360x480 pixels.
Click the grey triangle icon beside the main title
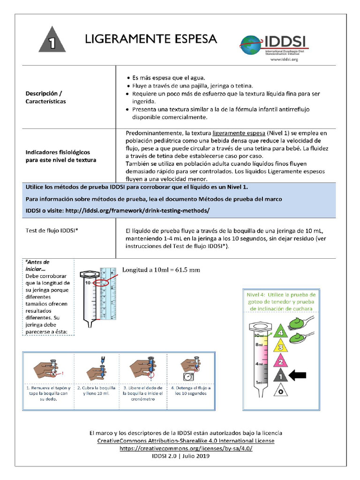52,41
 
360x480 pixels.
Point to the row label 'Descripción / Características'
45,97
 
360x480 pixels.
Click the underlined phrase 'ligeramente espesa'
239,133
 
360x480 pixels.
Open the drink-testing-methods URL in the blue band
137,210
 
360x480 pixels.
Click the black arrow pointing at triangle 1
298,375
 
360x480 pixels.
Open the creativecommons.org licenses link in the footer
186,448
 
